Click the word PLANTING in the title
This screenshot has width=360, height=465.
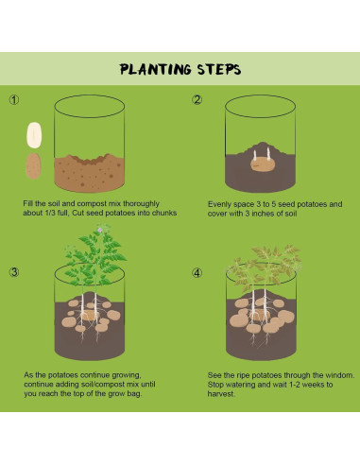click(155, 69)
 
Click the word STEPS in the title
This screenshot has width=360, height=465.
click(219, 69)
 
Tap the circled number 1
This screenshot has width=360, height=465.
click(14, 100)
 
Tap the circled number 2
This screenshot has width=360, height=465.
click(197, 100)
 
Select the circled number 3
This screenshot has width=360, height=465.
click(14, 272)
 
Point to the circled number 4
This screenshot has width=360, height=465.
click(197, 273)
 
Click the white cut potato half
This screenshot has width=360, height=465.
click(34, 135)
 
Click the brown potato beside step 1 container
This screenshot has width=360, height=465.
click(33, 166)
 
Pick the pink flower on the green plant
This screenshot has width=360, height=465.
click(100, 230)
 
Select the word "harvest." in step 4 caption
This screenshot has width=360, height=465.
click(221, 394)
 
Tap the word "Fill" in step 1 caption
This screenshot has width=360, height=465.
click(28, 203)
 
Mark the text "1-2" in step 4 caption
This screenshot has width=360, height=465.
click(295, 385)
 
